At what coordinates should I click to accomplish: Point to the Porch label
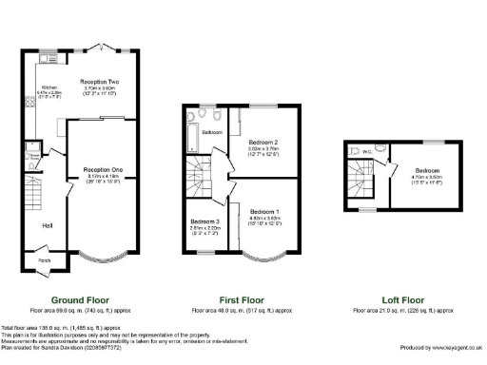[x=44, y=259]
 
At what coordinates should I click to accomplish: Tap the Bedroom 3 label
[x=205, y=221]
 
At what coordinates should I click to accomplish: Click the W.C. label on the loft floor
[x=367, y=150]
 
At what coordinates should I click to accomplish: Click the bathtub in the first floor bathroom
[x=193, y=127]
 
